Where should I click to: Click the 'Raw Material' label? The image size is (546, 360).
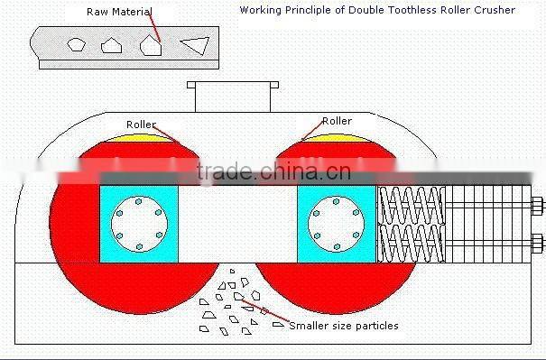pyautogui.click(x=119, y=12)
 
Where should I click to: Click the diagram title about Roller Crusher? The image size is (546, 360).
pyautogui.click(x=377, y=10)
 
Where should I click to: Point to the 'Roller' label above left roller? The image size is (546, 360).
pyautogui.click(x=141, y=124)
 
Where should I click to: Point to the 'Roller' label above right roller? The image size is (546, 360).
pyautogui.click(x=337, y=121)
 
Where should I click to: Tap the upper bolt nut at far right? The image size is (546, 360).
pyautogui.click(x=538, y=205)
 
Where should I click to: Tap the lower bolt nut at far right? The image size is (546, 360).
pyautogui.click(x=538, y=241)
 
